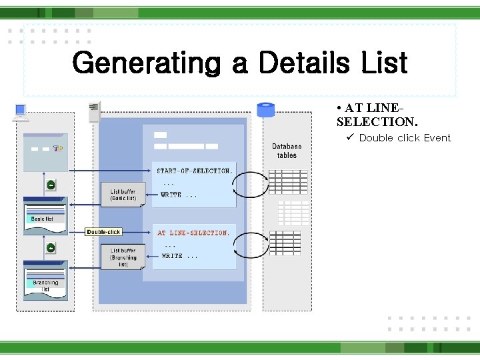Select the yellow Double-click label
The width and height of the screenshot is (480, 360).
pos(104,232)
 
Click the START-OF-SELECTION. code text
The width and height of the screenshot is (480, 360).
pos(195,171)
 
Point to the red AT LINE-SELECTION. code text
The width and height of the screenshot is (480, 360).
pos(193,233)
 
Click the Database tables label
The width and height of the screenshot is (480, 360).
pos(287,151)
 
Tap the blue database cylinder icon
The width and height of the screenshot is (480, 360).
pos(266,109)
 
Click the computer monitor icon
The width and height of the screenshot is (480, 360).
pos(21,112)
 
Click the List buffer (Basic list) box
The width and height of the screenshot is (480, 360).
pos(123,195)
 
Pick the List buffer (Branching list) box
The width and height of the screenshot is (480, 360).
pos(123,257)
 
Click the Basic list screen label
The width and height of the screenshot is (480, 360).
pos(43,219)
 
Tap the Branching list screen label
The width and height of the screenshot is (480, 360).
pos(45,285)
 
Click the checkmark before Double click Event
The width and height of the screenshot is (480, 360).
pos(349,138)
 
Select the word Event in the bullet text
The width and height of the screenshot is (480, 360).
pos(437,138)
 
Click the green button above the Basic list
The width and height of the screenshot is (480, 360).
pos(51,185)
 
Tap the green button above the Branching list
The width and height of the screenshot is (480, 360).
pos(51,248)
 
